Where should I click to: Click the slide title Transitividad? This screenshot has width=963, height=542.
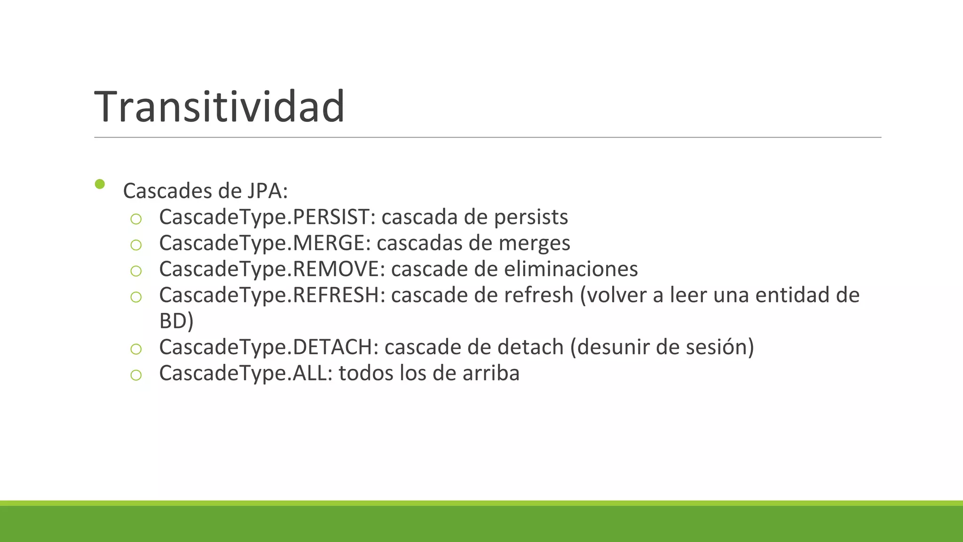[x=220, y=107]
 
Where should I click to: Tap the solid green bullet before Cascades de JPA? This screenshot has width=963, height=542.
[x=99, y=184]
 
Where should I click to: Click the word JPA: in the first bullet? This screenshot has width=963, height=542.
[x=266, y=191]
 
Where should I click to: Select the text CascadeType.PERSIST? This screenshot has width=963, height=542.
[x=265, y=217]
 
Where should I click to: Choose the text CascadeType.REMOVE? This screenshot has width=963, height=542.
[x=269, y=269]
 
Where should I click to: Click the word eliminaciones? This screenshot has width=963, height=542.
[x=571, y=269]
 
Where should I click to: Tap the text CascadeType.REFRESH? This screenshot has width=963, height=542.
[x=269, y=295]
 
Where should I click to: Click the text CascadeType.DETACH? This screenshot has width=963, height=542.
[x=266, y=347]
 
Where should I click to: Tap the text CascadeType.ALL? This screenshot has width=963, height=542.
[x=243, y=374]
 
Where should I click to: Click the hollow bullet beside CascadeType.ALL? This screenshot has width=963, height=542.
[x=136, y=375]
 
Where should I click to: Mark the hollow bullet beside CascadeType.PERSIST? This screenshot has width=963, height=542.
[x=136, y=219]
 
